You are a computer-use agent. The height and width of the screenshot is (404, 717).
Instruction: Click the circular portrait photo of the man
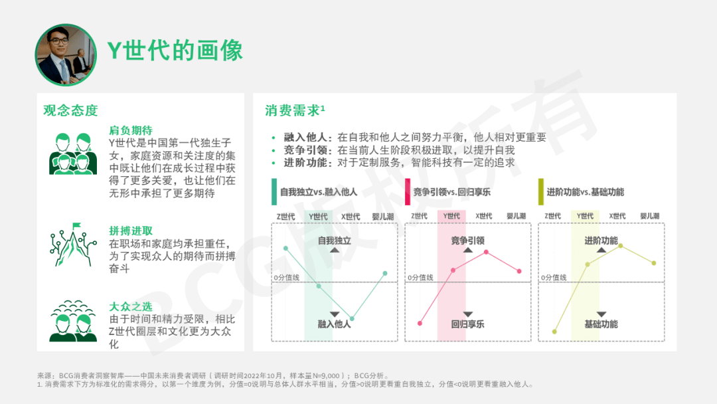pos(66,55)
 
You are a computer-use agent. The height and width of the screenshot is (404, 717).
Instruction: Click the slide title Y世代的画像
pos(175,50)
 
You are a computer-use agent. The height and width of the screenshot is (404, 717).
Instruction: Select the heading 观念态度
pos(71,110)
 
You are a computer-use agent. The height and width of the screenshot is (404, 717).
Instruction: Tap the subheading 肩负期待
pos(131,130)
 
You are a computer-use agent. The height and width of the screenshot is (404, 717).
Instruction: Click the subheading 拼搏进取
pos(131,231)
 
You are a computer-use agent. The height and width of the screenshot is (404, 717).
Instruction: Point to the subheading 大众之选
pos(131,306)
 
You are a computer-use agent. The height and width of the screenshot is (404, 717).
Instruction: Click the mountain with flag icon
pos(73,245)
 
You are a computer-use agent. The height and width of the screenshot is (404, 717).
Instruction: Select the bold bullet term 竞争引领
pos(305,150)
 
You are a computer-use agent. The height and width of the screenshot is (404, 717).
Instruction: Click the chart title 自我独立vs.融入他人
pos(318,192)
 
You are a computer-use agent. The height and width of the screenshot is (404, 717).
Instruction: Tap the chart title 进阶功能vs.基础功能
pos(585,192)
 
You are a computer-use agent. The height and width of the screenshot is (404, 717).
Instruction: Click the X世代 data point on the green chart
pos(352,318)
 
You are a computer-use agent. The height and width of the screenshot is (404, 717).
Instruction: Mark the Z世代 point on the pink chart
pos(420,324)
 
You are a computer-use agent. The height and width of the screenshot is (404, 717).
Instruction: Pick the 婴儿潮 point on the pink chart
pos(519,271)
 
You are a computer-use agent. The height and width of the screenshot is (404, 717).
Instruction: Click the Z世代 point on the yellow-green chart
pos(554,332)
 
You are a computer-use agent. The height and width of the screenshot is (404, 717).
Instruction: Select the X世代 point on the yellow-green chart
pos(621,246)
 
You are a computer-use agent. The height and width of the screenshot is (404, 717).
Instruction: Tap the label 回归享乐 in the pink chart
pos(467,324)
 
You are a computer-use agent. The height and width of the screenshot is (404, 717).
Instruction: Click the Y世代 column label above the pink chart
pos(451,216)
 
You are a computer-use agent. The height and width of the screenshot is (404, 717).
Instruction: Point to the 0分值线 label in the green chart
pos(287,277)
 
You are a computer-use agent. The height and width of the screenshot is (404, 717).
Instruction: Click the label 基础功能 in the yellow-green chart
pos(601,324)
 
